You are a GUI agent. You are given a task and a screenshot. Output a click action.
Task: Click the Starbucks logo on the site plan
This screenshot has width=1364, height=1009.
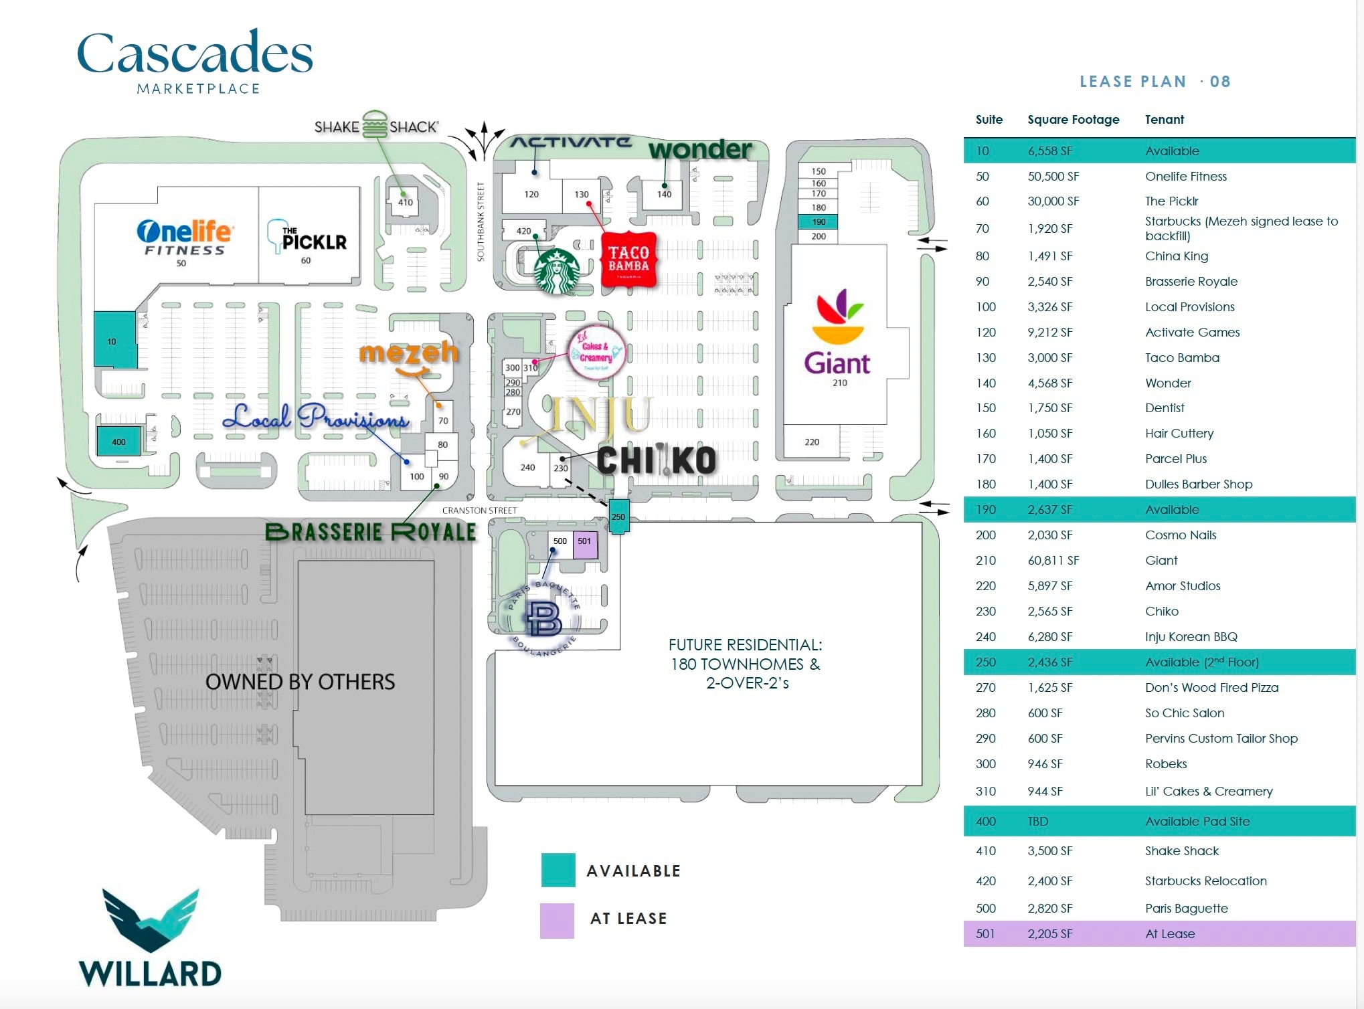[556, 271]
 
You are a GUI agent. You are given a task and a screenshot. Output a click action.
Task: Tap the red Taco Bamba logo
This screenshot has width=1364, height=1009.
[628, 260]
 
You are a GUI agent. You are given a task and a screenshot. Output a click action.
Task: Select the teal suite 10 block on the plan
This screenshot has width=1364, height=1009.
[114, 340]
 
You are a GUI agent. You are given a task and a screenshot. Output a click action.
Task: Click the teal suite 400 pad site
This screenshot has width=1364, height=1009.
[118, 442]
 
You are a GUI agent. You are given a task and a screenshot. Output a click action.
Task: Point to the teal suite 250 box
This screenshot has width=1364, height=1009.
[618, 517]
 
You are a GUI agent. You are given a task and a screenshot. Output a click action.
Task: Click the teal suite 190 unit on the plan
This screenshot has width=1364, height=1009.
[818, 221]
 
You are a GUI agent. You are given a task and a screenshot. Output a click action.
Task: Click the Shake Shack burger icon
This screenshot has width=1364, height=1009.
[375, 125]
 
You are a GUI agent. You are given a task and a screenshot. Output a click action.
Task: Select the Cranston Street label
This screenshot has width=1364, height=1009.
[479, 511]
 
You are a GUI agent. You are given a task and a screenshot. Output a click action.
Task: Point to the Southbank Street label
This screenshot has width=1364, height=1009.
[480, 221]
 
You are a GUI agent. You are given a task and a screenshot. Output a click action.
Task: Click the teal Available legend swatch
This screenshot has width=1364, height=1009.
[558, 870]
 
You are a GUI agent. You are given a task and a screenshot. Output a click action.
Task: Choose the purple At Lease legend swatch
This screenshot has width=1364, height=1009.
[557, 920]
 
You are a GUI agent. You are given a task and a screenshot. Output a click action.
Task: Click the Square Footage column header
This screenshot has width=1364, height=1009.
[1073, 120]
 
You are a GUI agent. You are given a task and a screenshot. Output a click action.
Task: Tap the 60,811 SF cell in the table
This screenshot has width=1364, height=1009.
[1053, 561]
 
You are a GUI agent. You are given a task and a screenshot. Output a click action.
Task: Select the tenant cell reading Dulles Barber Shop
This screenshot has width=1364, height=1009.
[1198, 484]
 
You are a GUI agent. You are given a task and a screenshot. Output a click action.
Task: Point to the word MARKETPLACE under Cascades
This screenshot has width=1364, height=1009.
[198, 89]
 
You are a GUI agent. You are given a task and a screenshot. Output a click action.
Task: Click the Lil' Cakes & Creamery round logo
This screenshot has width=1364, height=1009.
[596, 353]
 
